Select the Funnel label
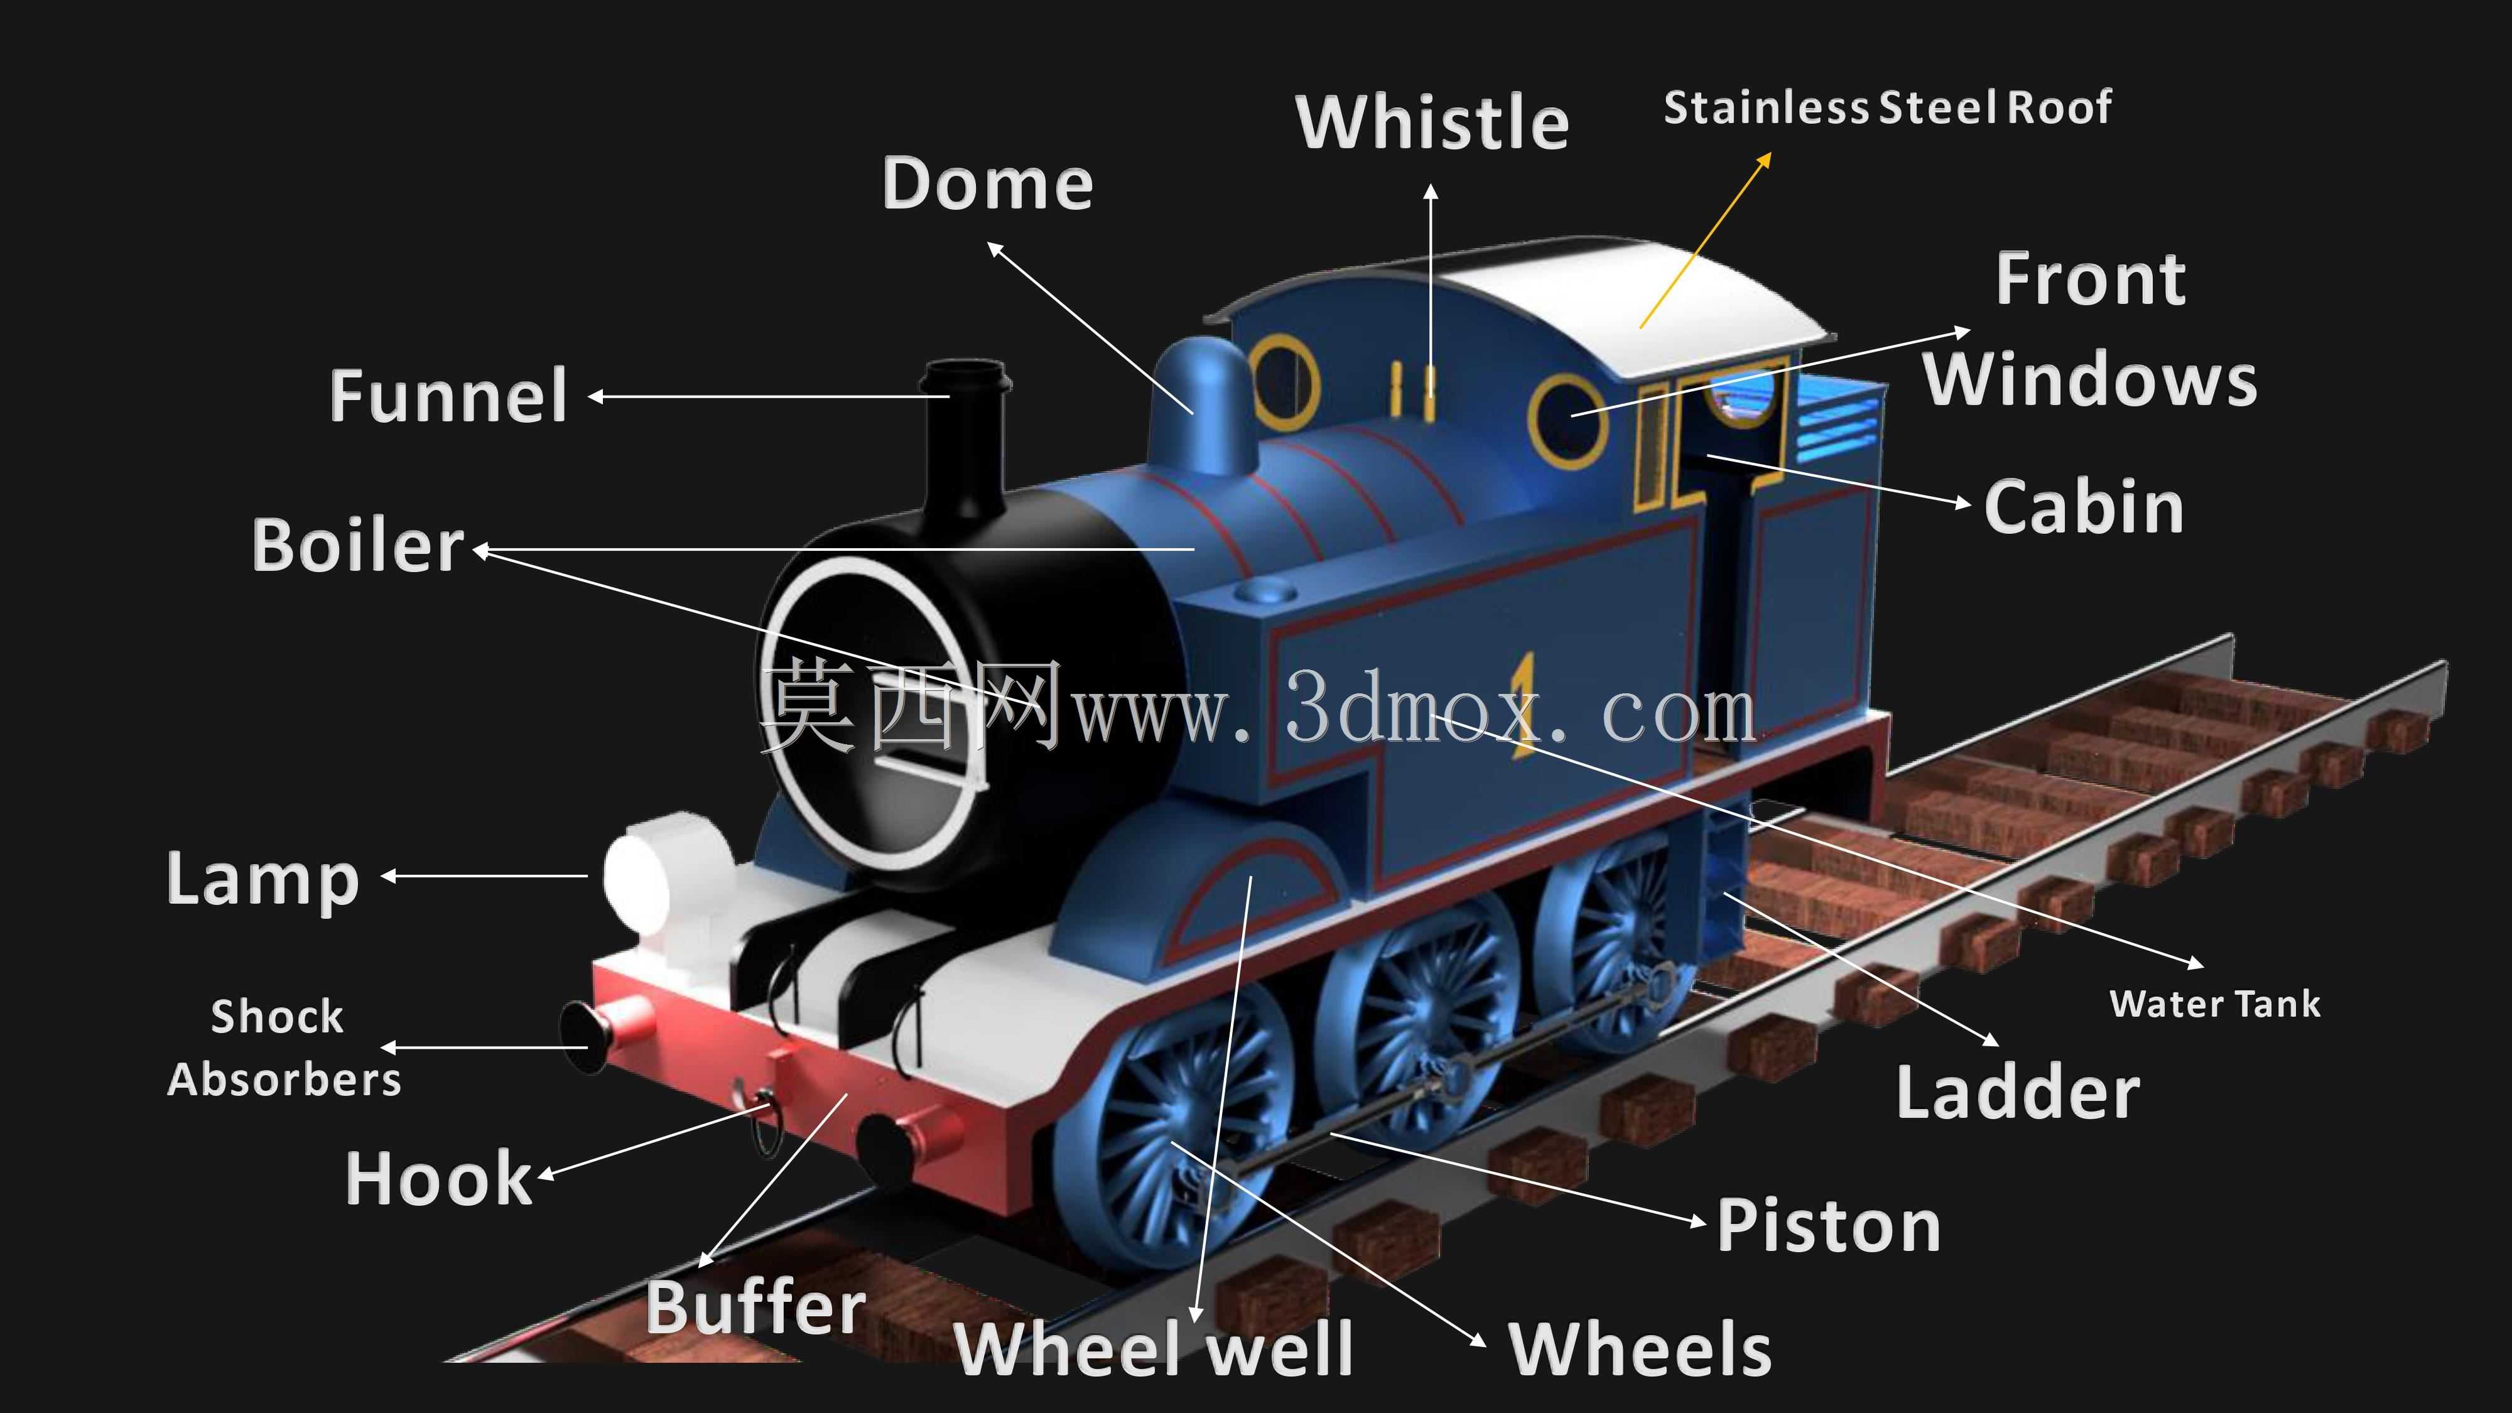(x=448, y=395)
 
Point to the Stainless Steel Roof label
(x=1887, y=107)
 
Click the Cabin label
(x=2084, y=507)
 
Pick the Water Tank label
(x=2214, y=1004)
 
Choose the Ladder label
(x=2018, y=1092)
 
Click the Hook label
(x=439, y=1178)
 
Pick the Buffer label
(x=755, y=1307)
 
